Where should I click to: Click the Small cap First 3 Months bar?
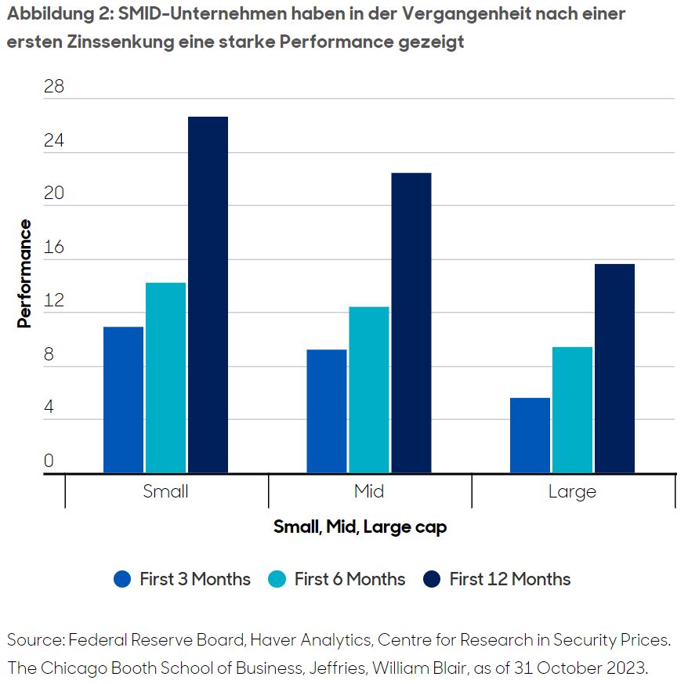[123, 400]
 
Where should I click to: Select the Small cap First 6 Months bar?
[165, 378]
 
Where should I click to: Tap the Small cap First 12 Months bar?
[208, 295]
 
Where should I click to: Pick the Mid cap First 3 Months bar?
[326, 411]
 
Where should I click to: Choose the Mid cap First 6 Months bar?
[368, 389]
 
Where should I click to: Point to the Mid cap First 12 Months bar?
[411, 323]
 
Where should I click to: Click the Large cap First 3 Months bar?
[530, 436]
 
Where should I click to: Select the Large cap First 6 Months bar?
[572, 410]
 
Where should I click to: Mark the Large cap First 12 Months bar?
[614, 368]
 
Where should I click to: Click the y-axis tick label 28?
[54, 87]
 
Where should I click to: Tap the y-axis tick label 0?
[49, 461]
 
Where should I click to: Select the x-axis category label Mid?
[369, 491]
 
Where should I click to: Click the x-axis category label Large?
[572, 491]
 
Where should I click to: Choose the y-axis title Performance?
[25, 273]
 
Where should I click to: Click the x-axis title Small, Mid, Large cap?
[360, 527]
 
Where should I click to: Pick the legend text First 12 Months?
[509, 579]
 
